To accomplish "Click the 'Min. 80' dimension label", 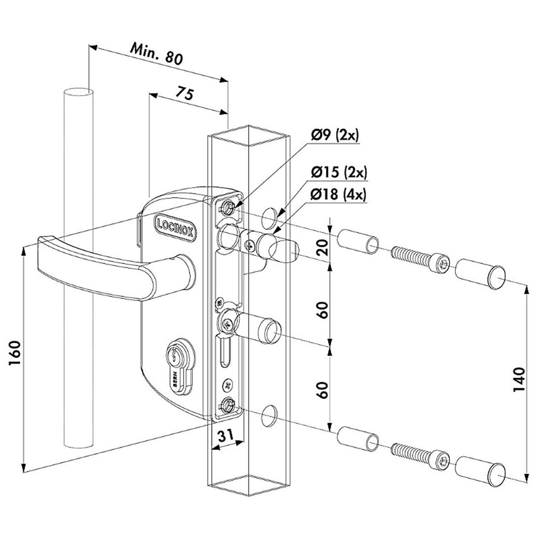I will click(157, 54).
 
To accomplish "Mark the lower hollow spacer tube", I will click(358, 439).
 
